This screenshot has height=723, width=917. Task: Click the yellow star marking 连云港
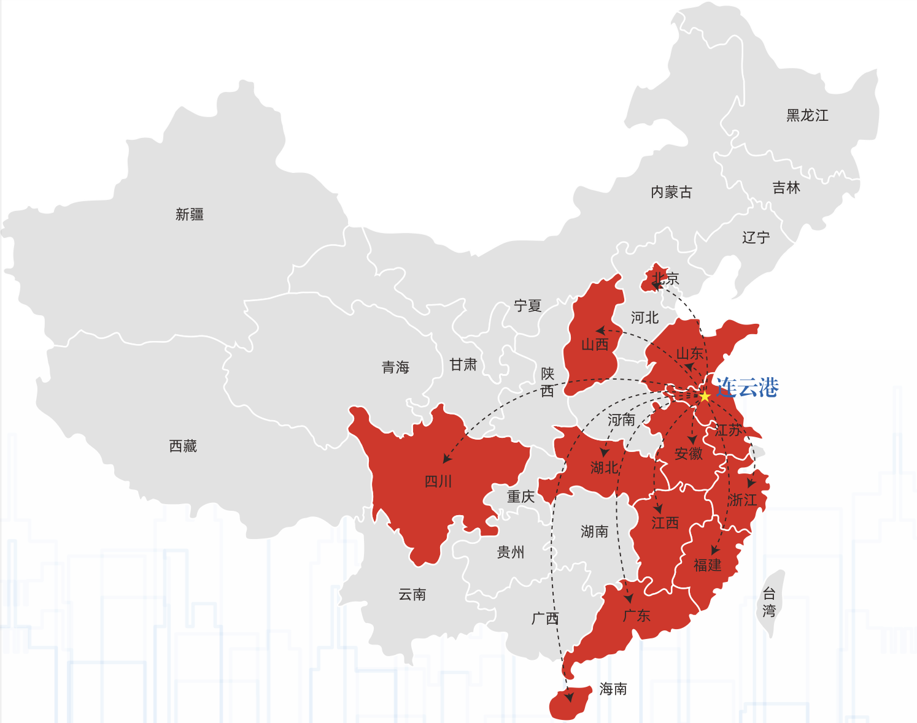[705, 396]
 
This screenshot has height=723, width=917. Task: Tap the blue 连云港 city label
[747, 388]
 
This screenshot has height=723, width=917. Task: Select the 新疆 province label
[190, 214]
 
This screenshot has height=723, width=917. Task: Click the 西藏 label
[183, 446]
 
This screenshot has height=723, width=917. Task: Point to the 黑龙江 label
[807, 115]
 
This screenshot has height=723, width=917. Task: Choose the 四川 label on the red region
[438, 481]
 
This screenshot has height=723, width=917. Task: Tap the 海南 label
[613, 689]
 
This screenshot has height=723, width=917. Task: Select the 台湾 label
[769, 602]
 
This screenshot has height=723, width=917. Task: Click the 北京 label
[665, 278]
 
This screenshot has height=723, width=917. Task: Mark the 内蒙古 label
[671, 192]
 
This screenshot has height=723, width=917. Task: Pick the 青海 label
[395, 367]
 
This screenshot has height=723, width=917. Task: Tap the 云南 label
[412, 594]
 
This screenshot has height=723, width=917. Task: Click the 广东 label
[636, 615]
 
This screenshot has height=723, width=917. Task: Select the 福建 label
[707, 565]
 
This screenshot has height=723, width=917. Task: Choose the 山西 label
[595, 345]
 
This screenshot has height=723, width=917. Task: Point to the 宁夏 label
[528, 305]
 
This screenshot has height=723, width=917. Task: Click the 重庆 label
[520, 496]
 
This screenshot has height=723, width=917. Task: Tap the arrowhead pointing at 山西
[600, 331]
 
